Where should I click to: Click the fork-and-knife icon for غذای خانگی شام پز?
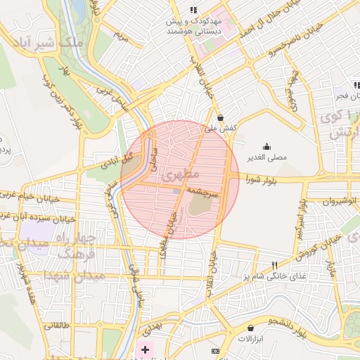275,265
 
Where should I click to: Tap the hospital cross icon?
146,349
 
